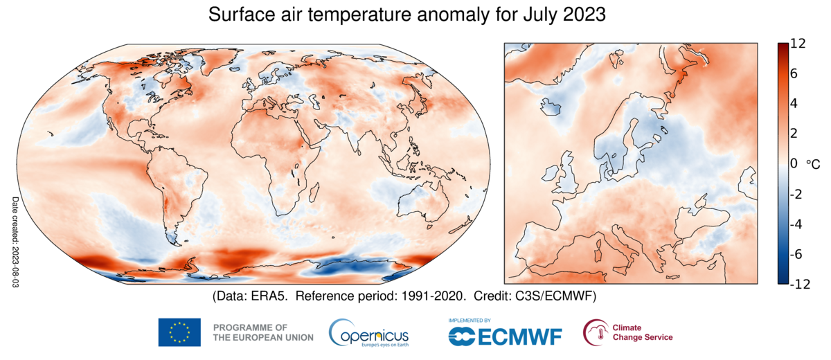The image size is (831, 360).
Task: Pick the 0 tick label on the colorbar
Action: click(793, 163)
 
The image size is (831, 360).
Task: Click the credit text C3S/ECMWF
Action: click(554, 296)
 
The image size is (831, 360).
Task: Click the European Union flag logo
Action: click(179, 332)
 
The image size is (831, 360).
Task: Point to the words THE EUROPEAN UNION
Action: click(263, 338)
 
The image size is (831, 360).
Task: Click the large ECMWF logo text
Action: click(520, 336)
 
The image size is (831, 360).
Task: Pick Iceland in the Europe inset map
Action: click(550, 106)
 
